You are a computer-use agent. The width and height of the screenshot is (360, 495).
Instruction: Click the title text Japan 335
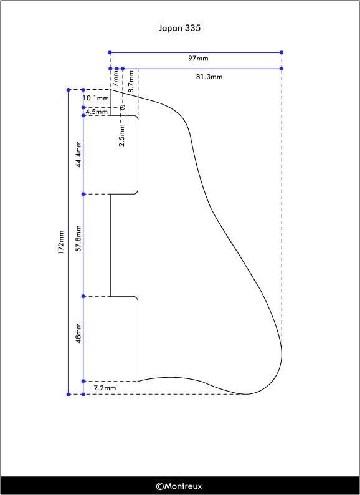[x=179, y=28]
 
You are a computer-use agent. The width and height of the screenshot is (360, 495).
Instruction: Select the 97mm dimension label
[x=198, y=59]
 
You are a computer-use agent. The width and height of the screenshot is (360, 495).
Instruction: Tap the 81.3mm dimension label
[x=209, y=77]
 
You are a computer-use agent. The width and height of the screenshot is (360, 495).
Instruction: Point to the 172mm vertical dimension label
[x=61, y=242]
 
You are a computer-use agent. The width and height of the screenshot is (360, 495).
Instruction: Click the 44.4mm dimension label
[x=78, y=154]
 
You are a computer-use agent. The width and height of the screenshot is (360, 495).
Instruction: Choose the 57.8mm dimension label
[x=78, y=238]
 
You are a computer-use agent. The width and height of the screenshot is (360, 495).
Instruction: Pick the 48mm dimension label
[x=78, y=333]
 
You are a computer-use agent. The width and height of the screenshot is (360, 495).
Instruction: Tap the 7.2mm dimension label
[x=105, y=388]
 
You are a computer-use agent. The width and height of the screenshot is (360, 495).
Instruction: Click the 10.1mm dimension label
[x=96, y=98]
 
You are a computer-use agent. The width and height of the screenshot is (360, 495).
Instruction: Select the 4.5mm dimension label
[x=97, y=112]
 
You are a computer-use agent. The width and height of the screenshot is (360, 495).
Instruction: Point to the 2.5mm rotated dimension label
[x=122, y=135]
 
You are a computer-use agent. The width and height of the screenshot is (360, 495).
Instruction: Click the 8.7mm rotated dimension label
[x=131, y=82]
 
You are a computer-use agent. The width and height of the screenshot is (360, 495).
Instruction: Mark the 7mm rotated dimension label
[x=115, y=79]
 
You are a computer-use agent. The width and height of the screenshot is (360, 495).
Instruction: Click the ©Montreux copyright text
[x=179, y=486]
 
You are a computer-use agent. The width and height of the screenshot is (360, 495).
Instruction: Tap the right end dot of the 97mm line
[x=282, y=52]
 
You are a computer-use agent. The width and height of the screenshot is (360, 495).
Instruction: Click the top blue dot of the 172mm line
[x=69, y=90]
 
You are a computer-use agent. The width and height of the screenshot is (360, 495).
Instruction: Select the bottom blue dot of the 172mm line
[x=69, y=394]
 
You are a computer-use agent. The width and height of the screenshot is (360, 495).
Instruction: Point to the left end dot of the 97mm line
[x=110, y=52]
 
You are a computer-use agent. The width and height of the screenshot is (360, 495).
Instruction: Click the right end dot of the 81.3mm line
[x=282, y=69]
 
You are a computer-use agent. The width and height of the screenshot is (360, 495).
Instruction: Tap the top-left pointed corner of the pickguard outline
[x=110, y=90]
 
